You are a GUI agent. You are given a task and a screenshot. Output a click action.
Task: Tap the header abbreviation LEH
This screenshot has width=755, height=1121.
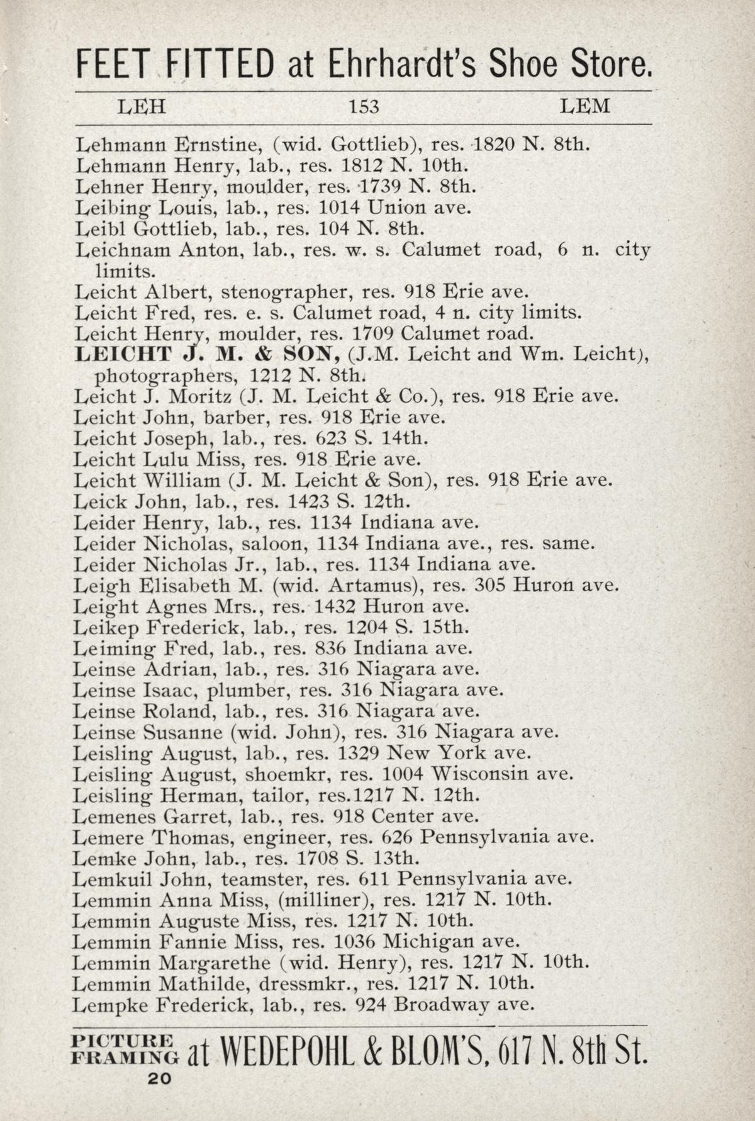click(x=142, y=106)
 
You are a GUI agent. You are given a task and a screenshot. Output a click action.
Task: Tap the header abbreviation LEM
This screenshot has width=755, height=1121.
click(x=584, y=106)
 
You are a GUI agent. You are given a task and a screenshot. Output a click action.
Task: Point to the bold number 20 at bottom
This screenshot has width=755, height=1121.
click(x=159, y=1078)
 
